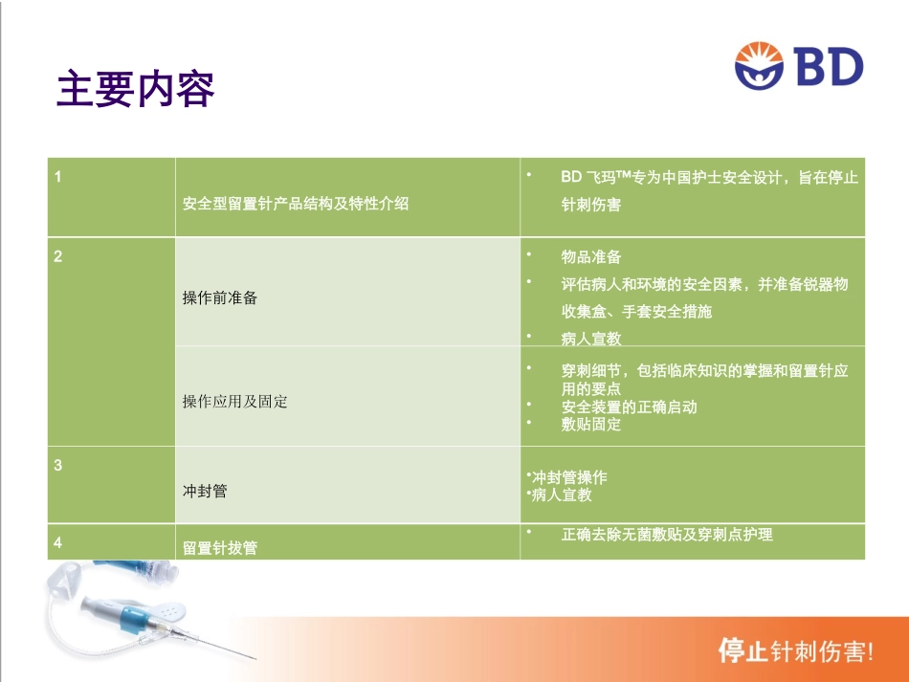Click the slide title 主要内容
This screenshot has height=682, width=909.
click(x=136, y=89)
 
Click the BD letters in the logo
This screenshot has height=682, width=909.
click(x=829, y=68)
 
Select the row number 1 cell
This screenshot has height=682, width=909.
click(x=58, y=177)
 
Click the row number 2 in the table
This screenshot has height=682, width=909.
click(x=58, y=256)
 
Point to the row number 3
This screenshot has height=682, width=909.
click(x=58, y=465)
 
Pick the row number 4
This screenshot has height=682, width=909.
click(x=58, y=542)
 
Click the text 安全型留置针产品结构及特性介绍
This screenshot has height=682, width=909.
click(x=296, y=204)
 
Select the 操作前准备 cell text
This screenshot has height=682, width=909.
click(x=220, y=297)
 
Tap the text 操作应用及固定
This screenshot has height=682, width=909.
click(x=235, y=402)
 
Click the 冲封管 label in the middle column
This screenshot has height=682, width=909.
click(x=205, y=491)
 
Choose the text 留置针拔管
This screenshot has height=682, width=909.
click(x=220, y=548)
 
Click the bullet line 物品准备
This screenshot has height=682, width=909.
click(x=591, y=257)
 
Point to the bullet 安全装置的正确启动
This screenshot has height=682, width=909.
click(x=629, y=407)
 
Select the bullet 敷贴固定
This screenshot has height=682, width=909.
click(x=591, y=425)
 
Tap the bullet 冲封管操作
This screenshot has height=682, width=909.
click(x=568, y=477)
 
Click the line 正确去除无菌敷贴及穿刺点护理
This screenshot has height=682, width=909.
click(x=667, y=535)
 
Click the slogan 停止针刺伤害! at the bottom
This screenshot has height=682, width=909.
click(x=796, y=652)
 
